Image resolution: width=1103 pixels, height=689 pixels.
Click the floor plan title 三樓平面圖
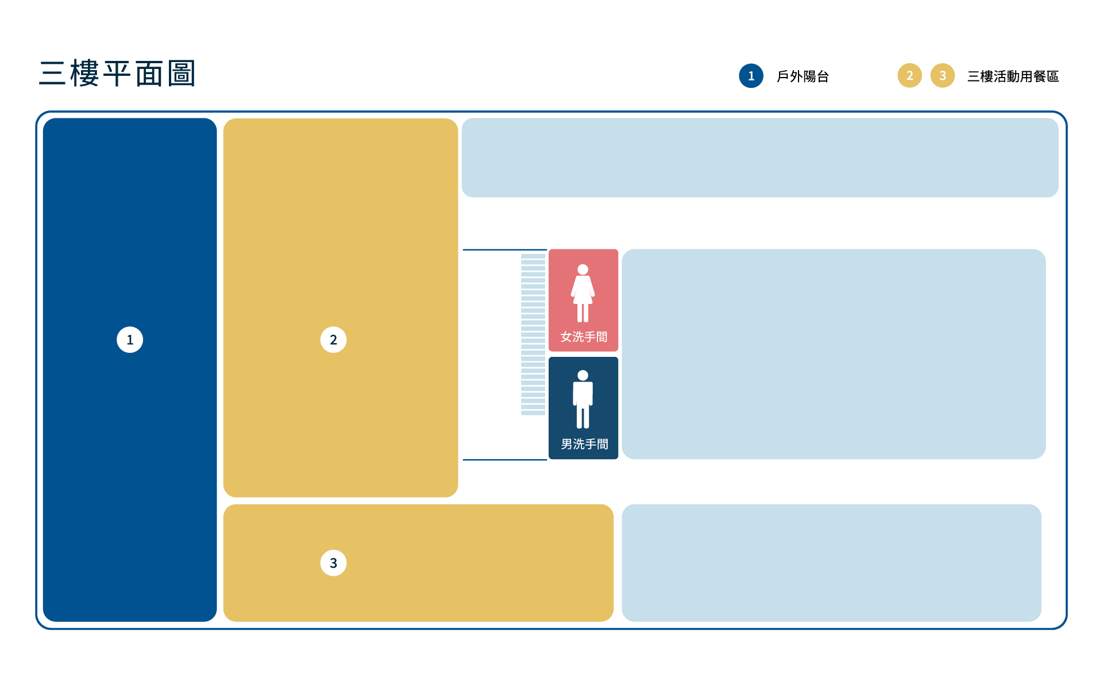coord(118,74)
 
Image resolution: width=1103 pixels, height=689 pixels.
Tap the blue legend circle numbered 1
coord(751,76)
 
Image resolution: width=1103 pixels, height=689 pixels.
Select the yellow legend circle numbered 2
coord(909,75)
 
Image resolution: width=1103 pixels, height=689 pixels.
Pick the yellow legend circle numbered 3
coord(942,75)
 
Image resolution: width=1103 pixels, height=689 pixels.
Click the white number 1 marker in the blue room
coord(130,340)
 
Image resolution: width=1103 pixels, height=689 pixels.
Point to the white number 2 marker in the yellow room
coord(333,340)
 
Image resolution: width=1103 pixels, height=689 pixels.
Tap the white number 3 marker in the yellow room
coord(333,563)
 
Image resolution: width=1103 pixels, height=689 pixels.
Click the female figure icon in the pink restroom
coord(583,293)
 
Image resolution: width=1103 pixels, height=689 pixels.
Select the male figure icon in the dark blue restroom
coord(583,399)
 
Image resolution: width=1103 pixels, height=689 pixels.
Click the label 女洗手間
coord(584,337)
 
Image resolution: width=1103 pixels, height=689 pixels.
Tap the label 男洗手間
coord(584,444)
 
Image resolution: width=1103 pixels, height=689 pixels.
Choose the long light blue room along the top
coord(759,157)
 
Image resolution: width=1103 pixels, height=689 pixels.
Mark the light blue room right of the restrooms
coord(833,354)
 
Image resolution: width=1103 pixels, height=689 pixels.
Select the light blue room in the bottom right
coord(831,563)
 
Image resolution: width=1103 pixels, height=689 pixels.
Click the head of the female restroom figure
coord(583,269)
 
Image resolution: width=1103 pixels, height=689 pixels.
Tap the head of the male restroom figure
coord(583,375)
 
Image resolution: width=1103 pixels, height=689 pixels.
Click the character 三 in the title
coord(52,74)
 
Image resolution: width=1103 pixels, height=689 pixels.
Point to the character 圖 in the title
coord(182,74)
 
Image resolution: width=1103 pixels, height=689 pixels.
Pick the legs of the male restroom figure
coord(583,417)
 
